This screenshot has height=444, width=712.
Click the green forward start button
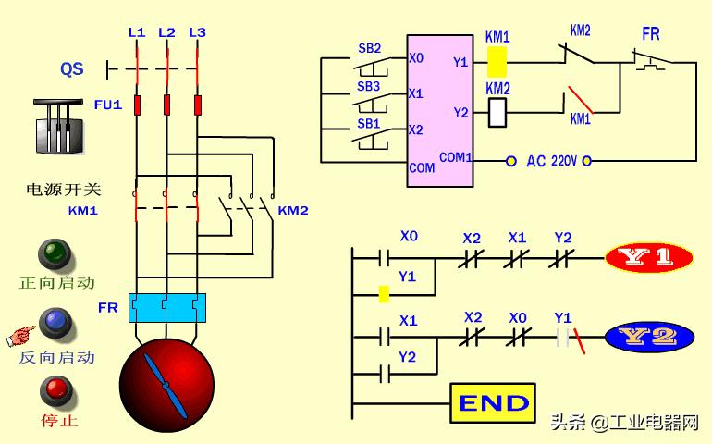(55, 254)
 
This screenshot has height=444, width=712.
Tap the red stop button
(56, 392)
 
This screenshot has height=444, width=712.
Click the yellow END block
(493, 403)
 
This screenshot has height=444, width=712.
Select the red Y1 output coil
(649, 257)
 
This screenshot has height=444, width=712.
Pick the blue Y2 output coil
(649, 338)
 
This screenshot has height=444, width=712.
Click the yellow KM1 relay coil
(497, 61)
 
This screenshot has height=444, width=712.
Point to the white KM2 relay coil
(497, 112)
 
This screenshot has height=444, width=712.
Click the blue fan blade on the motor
(166, 387)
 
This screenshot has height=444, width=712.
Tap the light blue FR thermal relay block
(167, 308)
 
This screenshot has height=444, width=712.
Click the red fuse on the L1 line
(137, 105)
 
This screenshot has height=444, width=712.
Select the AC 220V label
(551, 161)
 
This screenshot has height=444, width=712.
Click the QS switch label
(72, 69)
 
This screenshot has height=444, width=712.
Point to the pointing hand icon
(20, 336)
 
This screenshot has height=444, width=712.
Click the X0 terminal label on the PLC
(416, 58)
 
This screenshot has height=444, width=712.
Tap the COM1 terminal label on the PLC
(456, 157)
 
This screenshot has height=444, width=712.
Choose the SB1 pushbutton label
(368, 123)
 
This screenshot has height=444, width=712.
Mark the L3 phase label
(198, 32)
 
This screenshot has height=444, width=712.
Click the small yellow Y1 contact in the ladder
(384, 294)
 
